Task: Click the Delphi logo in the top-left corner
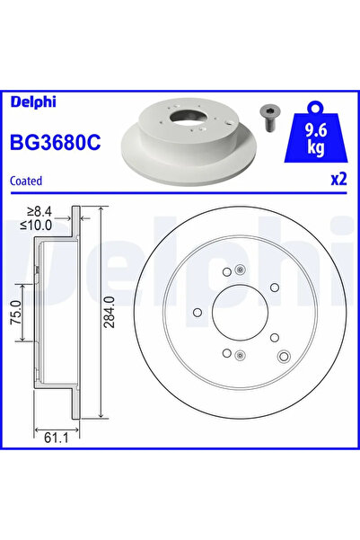pos(33,102)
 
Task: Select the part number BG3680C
pos(56,142)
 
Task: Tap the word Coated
pos(26,181)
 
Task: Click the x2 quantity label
pos(338,179)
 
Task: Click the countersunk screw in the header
pos(270,118)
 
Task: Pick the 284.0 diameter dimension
pos(110,312)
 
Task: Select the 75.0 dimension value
pos(16,313)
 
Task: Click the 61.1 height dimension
pos(57,438)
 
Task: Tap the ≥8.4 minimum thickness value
pos(40,211)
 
